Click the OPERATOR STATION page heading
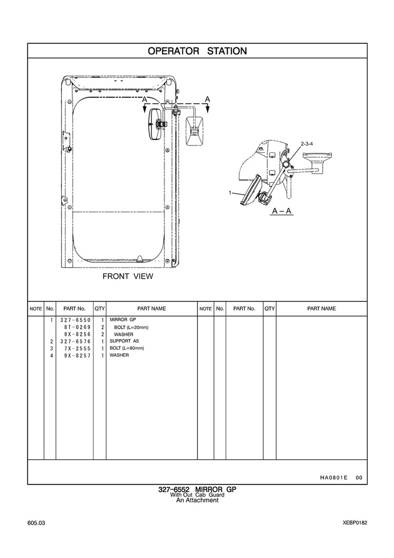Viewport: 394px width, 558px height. pos(197,51)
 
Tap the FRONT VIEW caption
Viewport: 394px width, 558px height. pos(128,276)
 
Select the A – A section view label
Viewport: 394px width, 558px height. pos(282,211)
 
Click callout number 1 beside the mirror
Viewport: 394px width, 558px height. pos(230,192)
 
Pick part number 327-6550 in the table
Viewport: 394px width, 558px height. pos(75,320)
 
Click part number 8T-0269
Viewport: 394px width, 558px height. pos(77,327)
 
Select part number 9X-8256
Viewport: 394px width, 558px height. pos(77,334)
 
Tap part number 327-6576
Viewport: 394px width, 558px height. pos(75,341)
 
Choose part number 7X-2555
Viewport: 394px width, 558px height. pos(77,348)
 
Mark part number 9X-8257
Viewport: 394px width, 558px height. pos(77,356)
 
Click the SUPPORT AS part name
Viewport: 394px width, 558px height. pos(124,341)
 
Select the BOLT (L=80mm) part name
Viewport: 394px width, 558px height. pos(127,348)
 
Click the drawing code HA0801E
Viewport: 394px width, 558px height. pos(333,478)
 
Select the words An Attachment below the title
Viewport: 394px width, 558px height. pos(197,500)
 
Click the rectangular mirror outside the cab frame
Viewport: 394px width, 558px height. pos(194,131)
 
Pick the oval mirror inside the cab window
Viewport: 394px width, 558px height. pos(155,124)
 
